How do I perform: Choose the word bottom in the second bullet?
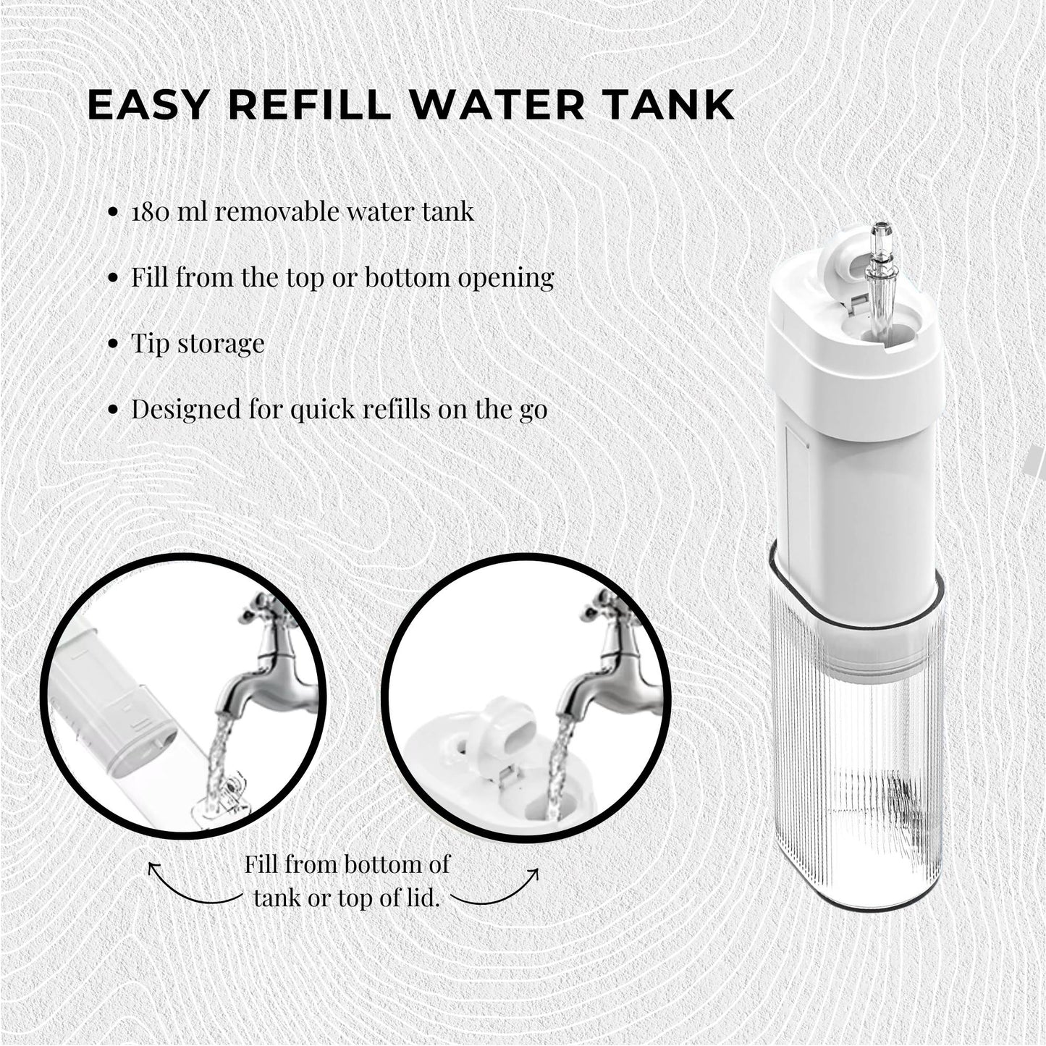[407, 277]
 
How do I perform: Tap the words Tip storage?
[198, 343]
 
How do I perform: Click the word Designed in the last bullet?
[181, 409]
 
